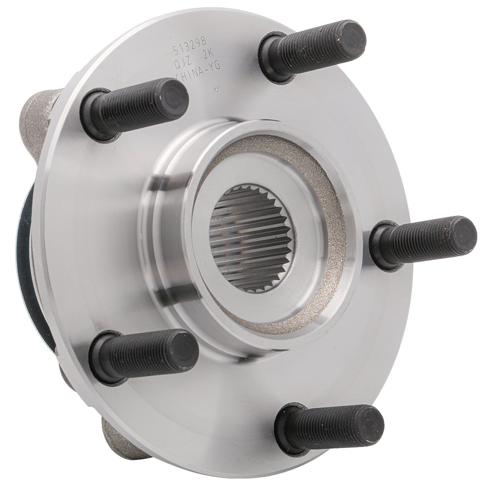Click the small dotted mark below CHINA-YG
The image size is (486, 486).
tap(217, 88)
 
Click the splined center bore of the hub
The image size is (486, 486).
tap(251, 238)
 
